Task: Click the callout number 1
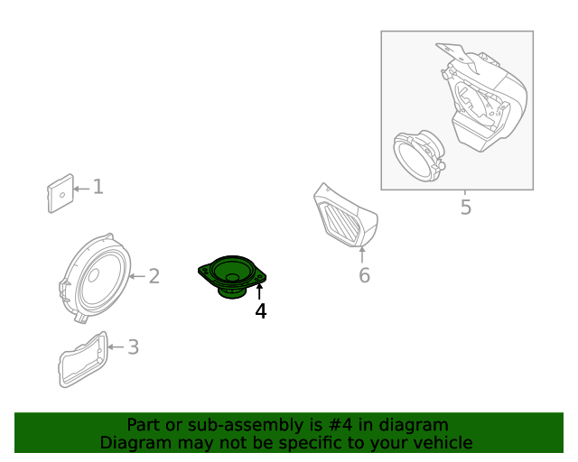98,187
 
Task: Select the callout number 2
154,275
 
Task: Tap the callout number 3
133,346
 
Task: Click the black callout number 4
260,311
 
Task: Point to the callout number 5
465,208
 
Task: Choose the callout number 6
364,275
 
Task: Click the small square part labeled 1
60,193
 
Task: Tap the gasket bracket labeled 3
82,358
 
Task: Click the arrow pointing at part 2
135,275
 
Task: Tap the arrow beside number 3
115,346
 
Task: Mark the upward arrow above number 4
260,291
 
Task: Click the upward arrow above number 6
363,254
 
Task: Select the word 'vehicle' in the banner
441,442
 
